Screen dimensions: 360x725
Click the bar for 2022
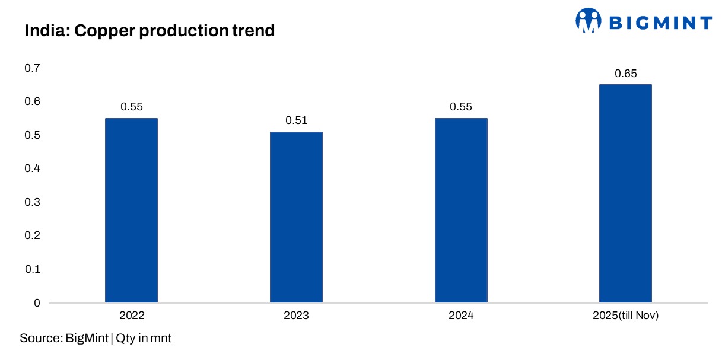(131, 211)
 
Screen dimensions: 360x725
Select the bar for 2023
(296, 217)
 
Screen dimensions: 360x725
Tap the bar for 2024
(461, 211)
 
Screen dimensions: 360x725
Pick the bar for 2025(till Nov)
(625, 193)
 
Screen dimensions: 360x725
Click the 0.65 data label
(625, 74)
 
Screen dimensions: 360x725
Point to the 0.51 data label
(296, 120)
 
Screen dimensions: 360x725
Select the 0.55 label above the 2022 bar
(131, 107)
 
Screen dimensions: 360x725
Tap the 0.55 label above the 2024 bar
(461, 107)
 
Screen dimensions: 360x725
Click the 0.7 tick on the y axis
(32, 69)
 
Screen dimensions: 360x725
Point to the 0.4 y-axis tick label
(32, 169)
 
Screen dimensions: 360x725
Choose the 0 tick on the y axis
(37, 303)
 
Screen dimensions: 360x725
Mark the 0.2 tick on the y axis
(32, 236)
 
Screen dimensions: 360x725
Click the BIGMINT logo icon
(588, 21)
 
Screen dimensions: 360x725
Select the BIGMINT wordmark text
(660, 23)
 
